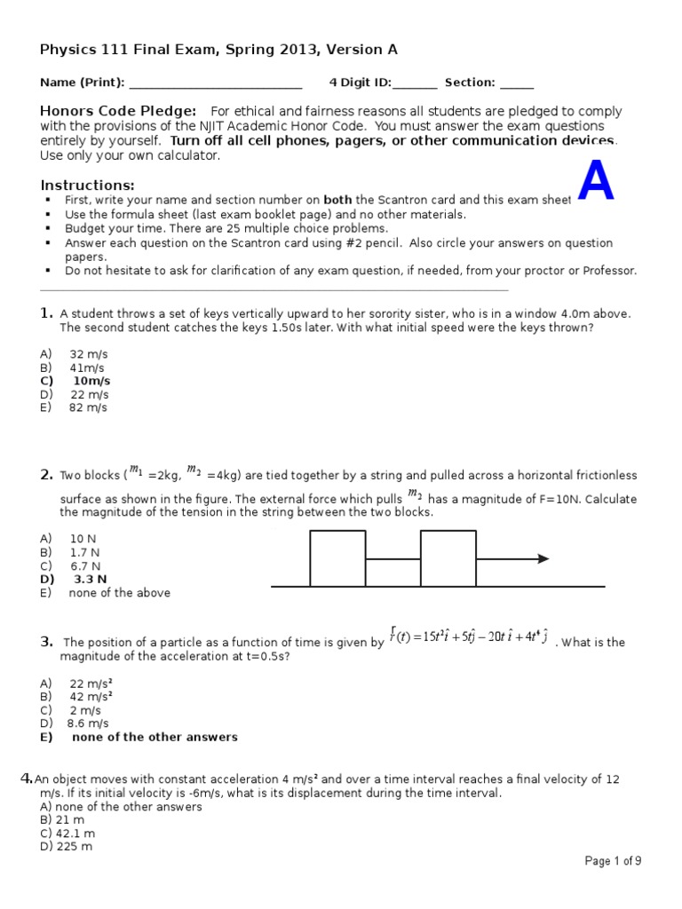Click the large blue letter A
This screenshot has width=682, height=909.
596,183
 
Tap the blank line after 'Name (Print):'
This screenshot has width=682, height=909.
216,83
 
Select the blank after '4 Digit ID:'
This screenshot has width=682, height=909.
415,83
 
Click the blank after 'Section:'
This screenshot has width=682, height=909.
517,83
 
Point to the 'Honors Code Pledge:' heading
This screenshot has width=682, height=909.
118,111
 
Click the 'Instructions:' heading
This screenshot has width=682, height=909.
87,185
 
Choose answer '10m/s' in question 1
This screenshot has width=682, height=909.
91,381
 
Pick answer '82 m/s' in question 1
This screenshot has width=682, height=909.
88,407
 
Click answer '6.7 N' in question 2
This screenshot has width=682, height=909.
85,565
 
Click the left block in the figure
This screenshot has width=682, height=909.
337,558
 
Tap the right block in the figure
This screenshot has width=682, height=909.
448,558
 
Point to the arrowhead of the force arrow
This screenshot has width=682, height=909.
543,558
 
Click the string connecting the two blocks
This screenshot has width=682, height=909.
393,560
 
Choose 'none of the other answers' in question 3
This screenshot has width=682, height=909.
155,737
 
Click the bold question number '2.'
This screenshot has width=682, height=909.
47,476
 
